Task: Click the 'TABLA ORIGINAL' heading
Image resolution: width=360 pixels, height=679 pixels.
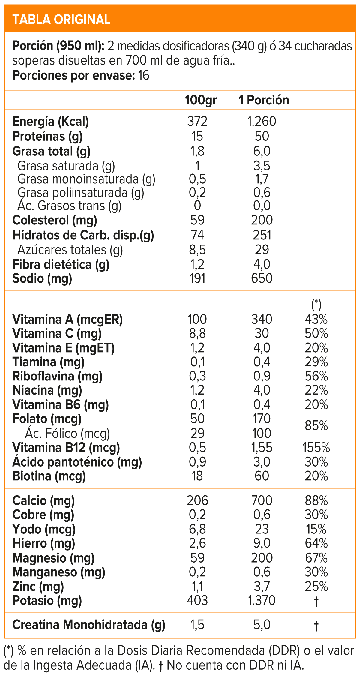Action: click(61, 20)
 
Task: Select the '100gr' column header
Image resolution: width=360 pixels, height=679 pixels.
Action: click(200, 100)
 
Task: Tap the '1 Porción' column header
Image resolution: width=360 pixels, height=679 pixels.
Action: click(263, 100)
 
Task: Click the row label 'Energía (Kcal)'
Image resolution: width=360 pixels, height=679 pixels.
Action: click(50, 122)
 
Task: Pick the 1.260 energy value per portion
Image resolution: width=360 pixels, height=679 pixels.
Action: click(262, 122)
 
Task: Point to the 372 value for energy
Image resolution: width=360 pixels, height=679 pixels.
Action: click(197, 122)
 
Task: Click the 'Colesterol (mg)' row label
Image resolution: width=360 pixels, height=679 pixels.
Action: click(55, 220)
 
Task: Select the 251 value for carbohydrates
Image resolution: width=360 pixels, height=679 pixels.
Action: click(262, 235)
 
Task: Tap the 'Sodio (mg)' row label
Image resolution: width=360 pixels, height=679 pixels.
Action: click(42, 278)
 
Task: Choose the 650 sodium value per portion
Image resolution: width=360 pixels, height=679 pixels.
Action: click(262, 278)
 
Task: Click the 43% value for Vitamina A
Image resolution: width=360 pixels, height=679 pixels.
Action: click(316, 319)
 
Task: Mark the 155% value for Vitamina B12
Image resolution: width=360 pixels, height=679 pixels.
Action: click(316, 448)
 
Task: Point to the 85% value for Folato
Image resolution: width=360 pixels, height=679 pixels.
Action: click(316, 426)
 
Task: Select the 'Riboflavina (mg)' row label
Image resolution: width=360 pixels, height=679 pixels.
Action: click(57, 376)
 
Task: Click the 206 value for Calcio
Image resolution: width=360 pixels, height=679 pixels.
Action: click(197, 501)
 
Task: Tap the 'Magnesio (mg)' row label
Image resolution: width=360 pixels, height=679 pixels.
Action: click(53, 558)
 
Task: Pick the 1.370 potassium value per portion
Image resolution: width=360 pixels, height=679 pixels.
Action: click(262, 601)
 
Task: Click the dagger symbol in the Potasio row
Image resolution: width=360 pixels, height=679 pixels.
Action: click(316, 601)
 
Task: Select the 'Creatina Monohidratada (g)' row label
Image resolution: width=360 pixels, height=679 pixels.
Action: click(89, 625)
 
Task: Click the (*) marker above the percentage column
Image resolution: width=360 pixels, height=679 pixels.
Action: click(316, 305)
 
